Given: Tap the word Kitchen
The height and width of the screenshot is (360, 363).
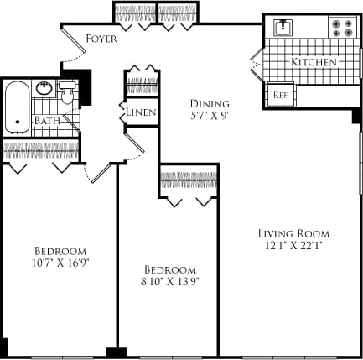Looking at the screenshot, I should (314, 63).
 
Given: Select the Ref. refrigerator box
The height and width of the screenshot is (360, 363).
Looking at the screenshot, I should (280, 95).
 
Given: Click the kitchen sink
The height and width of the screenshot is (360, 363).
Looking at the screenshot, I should (283, 27).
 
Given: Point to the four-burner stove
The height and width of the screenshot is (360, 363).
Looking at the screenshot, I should (341, 28).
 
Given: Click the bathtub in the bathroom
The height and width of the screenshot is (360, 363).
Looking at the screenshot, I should (16, 107).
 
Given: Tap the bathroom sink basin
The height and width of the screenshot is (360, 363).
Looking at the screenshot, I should (45, 88).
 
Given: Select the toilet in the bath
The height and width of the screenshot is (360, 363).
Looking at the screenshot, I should (68, 97).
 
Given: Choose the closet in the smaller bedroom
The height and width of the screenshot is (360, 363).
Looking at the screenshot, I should (189, 180).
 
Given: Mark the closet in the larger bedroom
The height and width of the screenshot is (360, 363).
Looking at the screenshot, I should (41, 151).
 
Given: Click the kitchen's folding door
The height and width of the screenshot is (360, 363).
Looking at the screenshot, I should (257, 62).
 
